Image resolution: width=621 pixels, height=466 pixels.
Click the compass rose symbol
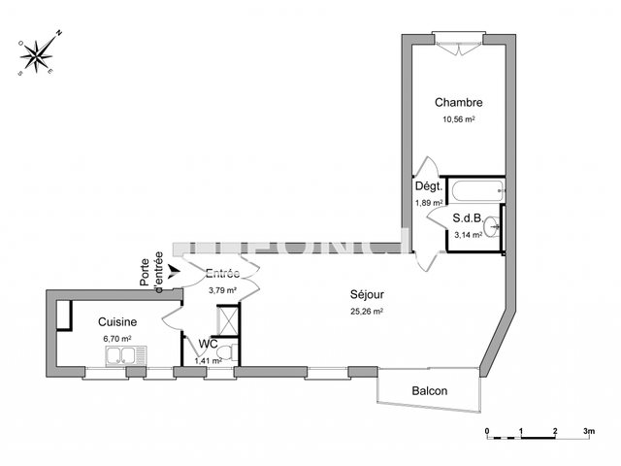[40, 54]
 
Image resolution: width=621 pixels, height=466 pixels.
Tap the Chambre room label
[458, 103]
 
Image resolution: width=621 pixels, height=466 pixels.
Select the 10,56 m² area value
[458, 119]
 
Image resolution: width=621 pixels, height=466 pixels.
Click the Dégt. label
[429, 186]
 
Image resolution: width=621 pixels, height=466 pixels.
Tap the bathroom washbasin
[496, 227]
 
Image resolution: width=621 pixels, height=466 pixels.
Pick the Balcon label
[429, 391]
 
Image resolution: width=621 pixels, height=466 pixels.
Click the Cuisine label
[117, 321]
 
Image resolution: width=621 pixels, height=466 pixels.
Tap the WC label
[208, 344]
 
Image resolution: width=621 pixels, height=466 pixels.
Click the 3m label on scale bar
[588, 428]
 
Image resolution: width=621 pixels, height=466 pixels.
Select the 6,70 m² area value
[116, 338]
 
